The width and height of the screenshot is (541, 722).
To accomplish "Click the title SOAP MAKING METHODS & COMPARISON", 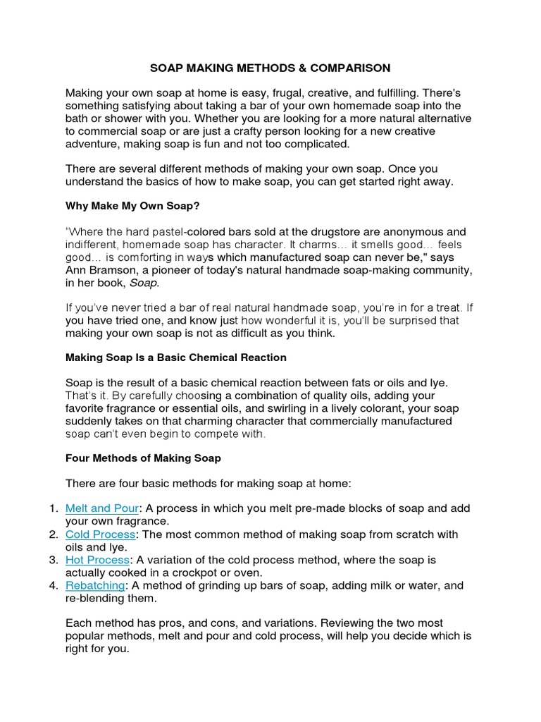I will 270,68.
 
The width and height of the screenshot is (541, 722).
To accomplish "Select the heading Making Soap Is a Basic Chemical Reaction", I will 175,357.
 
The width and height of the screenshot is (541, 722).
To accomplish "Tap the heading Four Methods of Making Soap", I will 143,458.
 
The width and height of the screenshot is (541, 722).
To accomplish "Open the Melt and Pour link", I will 102,508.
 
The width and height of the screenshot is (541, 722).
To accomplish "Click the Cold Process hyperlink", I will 100,534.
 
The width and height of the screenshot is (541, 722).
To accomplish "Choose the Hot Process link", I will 97,560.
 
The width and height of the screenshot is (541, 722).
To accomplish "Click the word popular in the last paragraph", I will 85,636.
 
